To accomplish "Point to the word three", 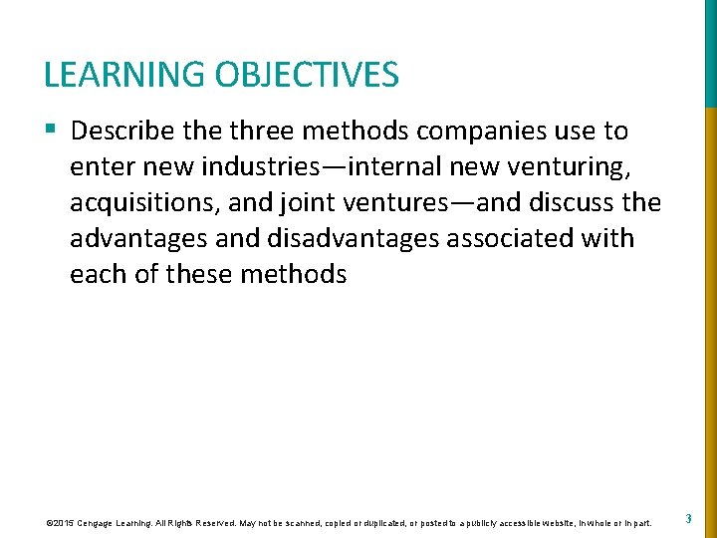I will (270, 131).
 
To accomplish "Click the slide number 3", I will (689, 518).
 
